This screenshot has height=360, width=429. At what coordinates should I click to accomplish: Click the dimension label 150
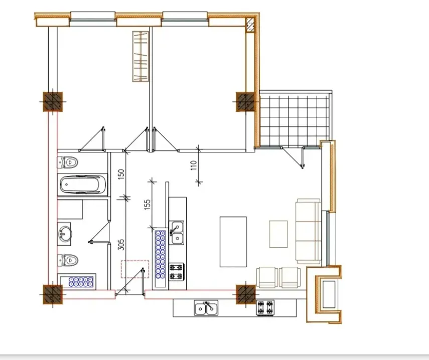(120, 174)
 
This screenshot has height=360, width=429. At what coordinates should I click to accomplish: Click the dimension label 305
(120, 245)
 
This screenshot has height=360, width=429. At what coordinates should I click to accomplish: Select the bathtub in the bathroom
(83, 185)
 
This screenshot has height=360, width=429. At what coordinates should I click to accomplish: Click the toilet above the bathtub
(69, 162)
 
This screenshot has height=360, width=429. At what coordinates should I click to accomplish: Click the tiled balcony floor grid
(295, 119)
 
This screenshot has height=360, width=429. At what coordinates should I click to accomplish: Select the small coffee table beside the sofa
(278, 234)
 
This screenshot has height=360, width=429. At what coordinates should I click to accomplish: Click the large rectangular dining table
(233, 242)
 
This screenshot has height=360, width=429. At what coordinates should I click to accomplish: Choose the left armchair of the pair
(267, 277)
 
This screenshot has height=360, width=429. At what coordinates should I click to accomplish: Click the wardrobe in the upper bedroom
(141, 56)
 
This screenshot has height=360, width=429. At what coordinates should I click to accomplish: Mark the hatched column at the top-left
(52, 102)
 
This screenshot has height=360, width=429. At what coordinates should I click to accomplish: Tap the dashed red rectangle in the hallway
(134, 269)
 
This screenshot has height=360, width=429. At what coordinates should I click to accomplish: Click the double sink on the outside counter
(206, 307)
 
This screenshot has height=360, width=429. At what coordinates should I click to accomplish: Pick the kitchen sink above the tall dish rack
(177, 233)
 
